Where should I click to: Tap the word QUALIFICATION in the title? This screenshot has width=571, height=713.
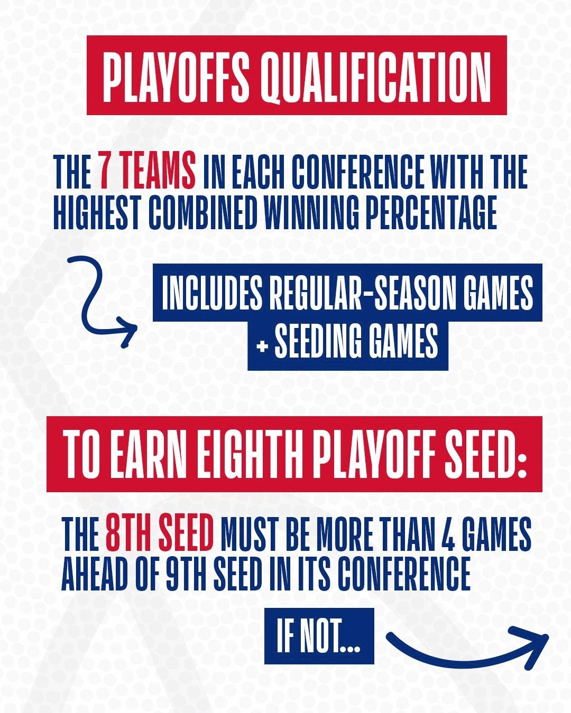(x=375, y=76)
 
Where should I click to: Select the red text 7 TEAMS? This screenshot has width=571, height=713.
(x=146, y=173)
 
